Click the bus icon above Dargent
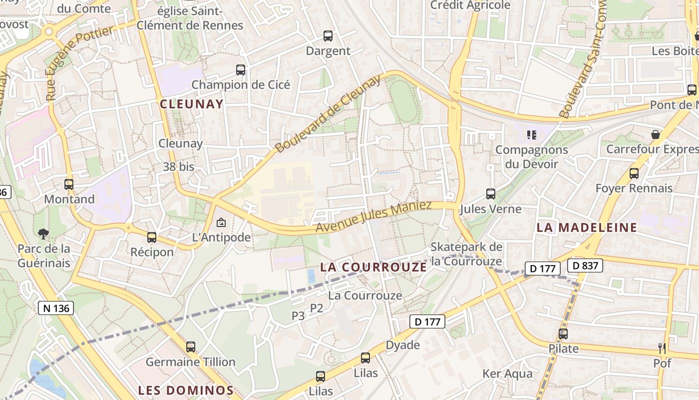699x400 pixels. [328, 36]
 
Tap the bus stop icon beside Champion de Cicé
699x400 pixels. [241, 70]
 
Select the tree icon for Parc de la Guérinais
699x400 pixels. [43, 233]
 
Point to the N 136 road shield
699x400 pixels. [56, 308]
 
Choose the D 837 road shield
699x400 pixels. [585, 265]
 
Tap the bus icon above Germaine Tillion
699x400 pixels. [190, 346]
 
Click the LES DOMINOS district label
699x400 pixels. [186, 390]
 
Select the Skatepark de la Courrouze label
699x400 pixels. [466, 254]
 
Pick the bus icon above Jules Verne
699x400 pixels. [491, 194]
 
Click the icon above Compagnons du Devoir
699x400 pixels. [531, 134]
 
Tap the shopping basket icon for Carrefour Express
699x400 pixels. [656, 134]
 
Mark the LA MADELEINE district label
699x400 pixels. [587, 227]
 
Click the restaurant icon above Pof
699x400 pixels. [662, 348]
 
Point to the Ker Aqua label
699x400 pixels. [507, 373]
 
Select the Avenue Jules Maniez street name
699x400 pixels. [373, 217]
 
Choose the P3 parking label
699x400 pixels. [298, 315]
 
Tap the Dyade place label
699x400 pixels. [402, 345]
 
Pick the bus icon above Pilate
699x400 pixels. [563, 333]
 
